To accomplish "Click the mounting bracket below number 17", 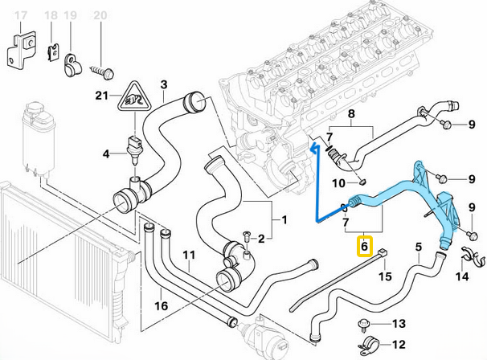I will [19, 50].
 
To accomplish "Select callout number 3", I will [164, 84].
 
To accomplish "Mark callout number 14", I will [461, 276].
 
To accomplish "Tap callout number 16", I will [161, 305].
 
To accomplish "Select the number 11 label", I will [188, 256].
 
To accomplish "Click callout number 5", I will [417, 247].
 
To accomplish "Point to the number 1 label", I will [282, 219].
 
